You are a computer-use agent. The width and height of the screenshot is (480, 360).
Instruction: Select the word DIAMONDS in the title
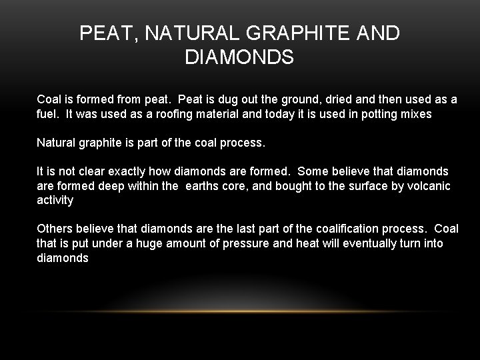pos(239,58)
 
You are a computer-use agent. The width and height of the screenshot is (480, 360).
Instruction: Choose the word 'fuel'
pos(47,114)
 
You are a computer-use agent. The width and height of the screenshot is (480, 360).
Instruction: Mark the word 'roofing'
pos(182,114)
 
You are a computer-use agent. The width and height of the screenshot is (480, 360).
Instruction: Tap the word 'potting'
pos(377,114)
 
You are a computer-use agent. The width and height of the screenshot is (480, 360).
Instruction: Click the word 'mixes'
pos(416,114)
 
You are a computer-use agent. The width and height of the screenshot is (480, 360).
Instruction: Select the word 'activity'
pos(55,201)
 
